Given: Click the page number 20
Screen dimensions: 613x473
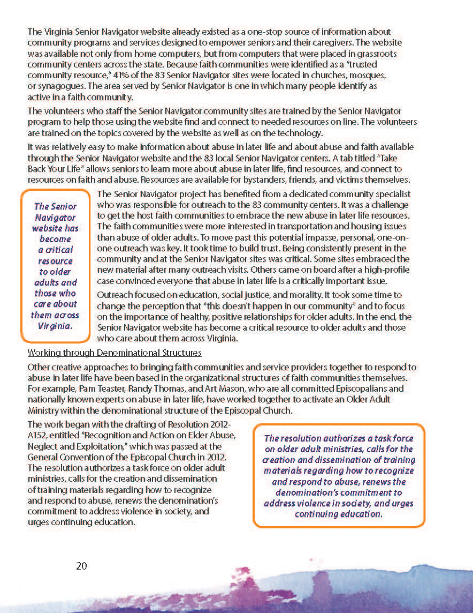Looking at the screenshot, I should coord(81,566).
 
